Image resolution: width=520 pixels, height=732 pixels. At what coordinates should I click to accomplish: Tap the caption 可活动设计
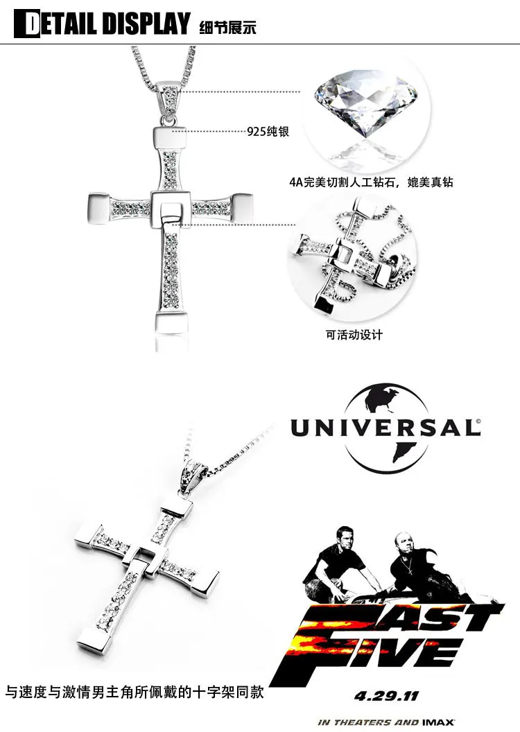[x=354, y=335]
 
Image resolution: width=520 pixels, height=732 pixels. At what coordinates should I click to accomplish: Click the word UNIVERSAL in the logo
[x=385, y=427]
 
